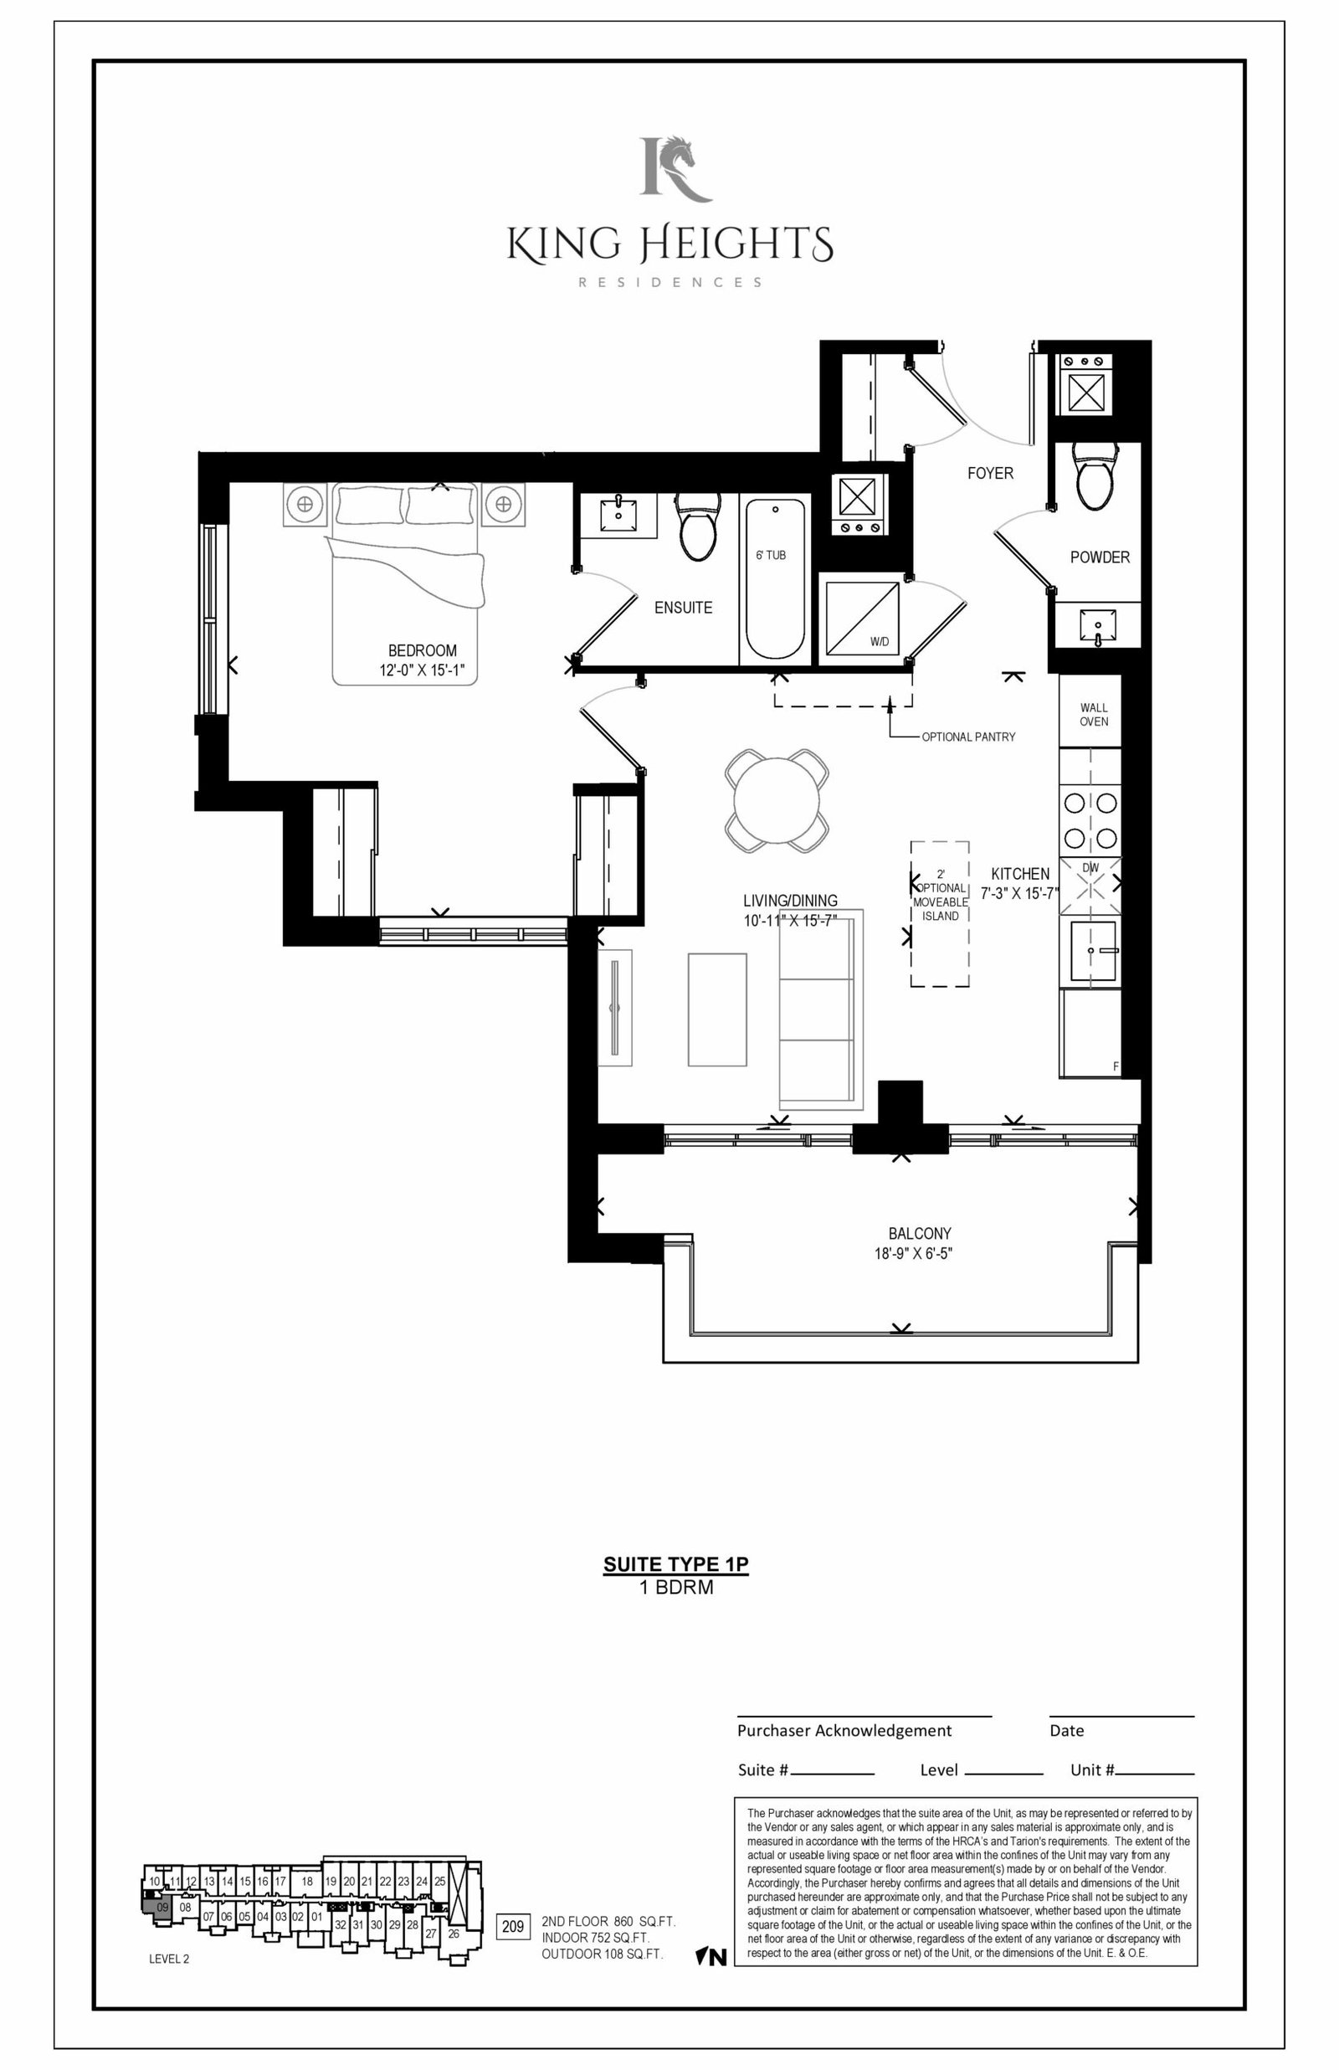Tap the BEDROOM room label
click(423, 650)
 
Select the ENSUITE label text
click(684, 608)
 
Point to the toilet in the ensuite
click(698, 526)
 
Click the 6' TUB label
click(772, 555)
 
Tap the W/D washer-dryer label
click(880, 643)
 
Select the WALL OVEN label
click(1094, 715)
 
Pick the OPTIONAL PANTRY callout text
click(968, 737)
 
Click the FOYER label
click(990, 473)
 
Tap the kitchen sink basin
click(1095, 951)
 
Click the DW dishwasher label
click(1090, 868)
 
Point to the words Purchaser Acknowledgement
click(844, 1730)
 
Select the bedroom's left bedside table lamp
click(305, 503)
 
